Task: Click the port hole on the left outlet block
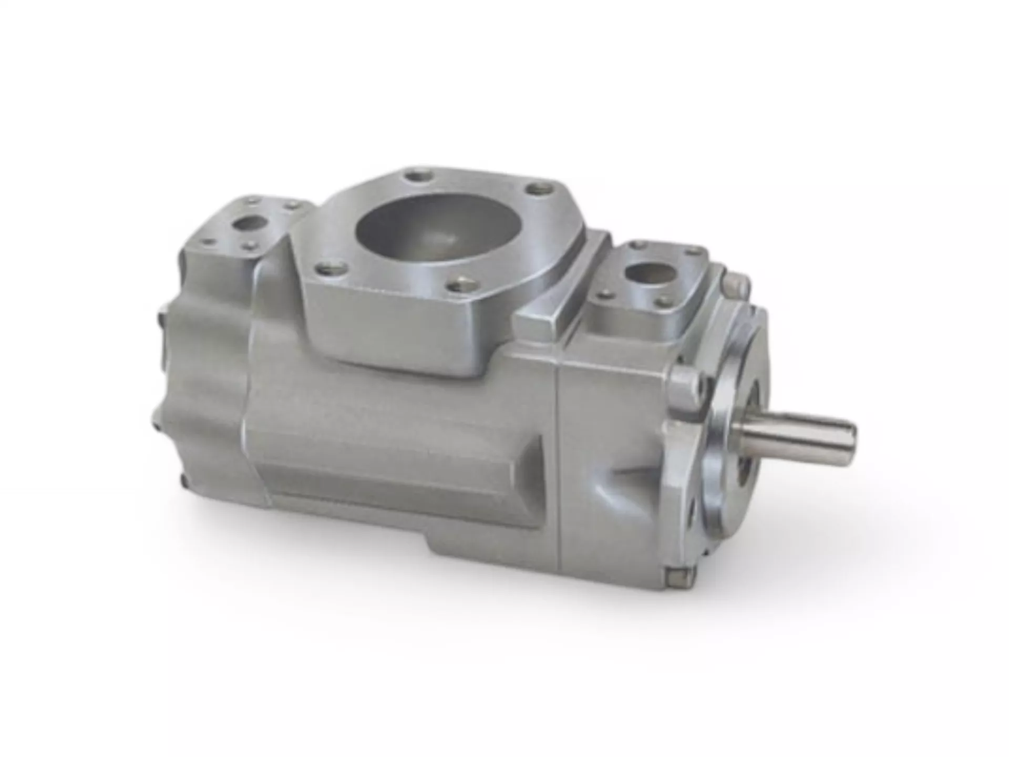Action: pos(248,223)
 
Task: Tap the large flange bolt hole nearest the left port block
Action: pos(325,269)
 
